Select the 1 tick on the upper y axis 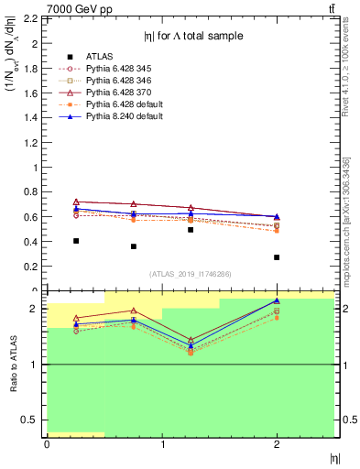[x=38, y=167]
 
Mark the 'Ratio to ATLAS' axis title [x=12, y=365]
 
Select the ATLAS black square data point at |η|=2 [x=277, y=257]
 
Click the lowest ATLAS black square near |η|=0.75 [x=134, y=246]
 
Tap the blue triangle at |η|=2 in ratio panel [x=277, y=300]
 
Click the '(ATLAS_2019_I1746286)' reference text [x=191, y=274]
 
